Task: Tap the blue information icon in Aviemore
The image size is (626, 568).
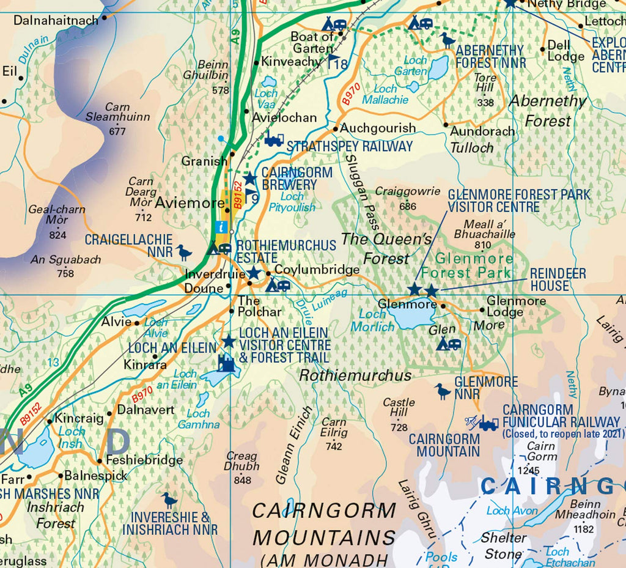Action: [x=221, y=227]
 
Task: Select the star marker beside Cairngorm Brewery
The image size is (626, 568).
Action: [x=249, y=178]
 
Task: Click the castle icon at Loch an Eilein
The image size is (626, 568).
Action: [x=226, y=363]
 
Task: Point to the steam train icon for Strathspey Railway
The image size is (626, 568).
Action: [x=274, y=140]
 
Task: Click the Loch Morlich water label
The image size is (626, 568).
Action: [x=372, y=320]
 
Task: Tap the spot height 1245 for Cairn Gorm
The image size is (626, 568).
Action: [x=528, y=470]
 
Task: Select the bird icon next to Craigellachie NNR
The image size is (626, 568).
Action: [x=183, y=252]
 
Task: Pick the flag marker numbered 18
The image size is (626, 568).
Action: [x=336, y=62]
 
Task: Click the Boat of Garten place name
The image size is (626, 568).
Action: [x=312, y=42]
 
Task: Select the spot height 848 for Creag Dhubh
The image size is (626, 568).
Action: [x=243, y=480]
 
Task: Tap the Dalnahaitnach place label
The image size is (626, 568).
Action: [x=56, y=21]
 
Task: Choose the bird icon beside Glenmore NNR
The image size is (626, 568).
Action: [x=443, y=391]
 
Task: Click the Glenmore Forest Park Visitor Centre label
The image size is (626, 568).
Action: [x=519, y=201]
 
